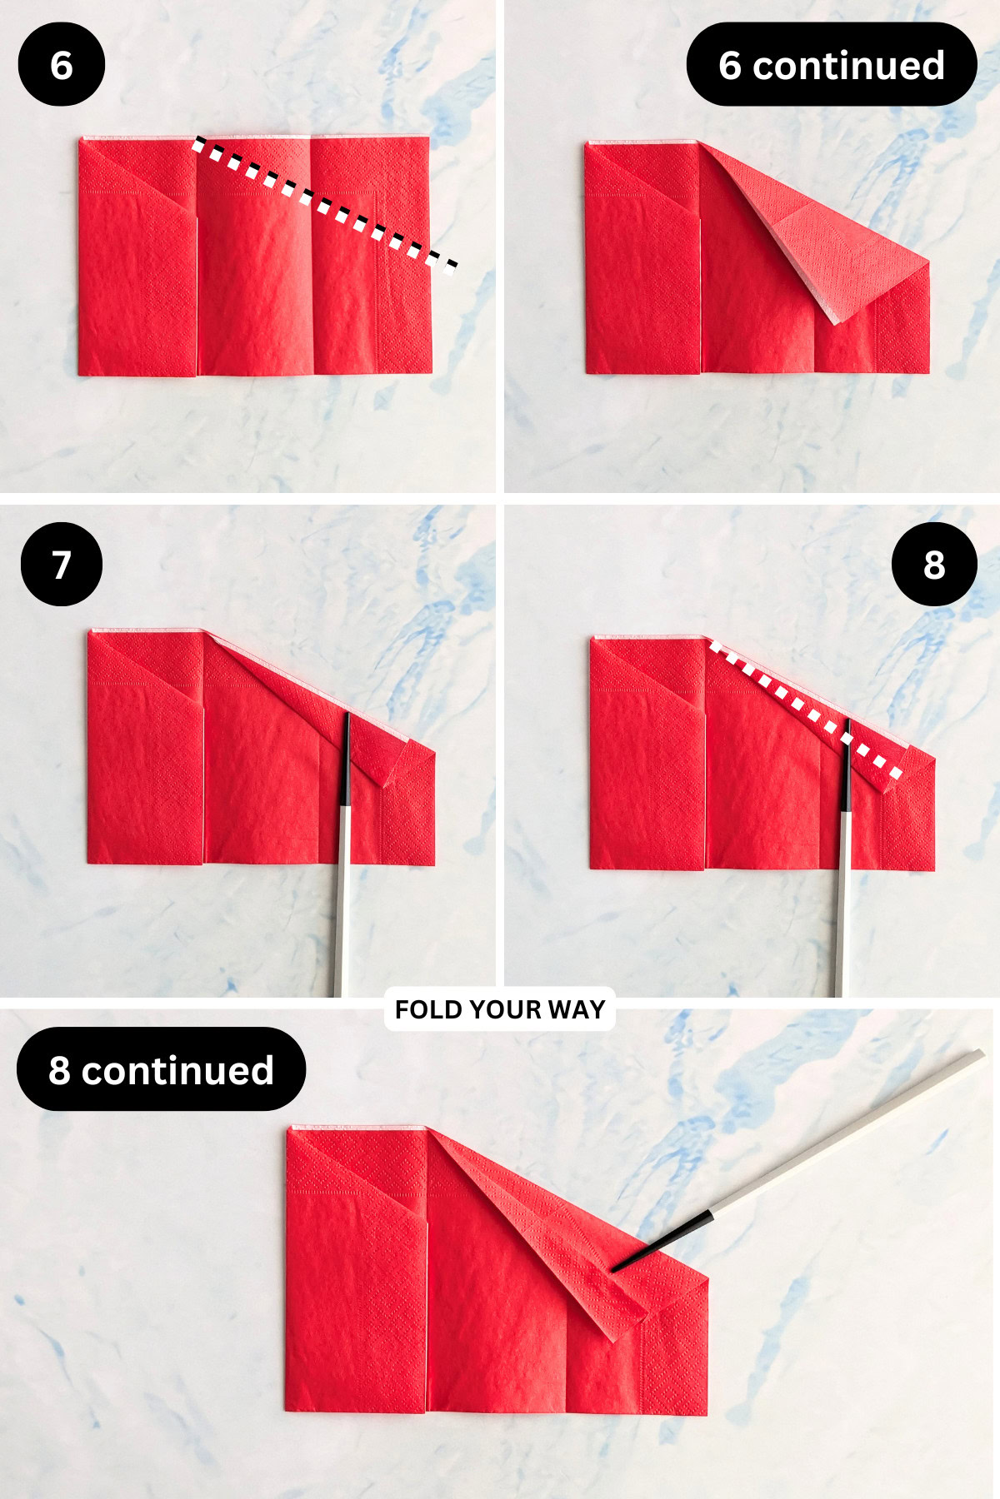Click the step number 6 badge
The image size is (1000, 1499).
pos(61,65)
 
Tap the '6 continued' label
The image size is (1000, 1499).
pos(831,65)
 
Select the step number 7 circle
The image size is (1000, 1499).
pos(61,565)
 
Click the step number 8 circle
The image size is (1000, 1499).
pos(933,565)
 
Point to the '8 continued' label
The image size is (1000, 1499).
pos(161,1069)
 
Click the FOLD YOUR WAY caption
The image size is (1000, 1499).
pos(499,1009)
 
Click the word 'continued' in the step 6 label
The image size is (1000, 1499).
pos(848,65)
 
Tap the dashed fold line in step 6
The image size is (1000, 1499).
pos(325,205)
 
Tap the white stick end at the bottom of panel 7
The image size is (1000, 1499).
pos(338,958)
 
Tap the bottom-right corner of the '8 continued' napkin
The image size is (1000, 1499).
pos(706,1412)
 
